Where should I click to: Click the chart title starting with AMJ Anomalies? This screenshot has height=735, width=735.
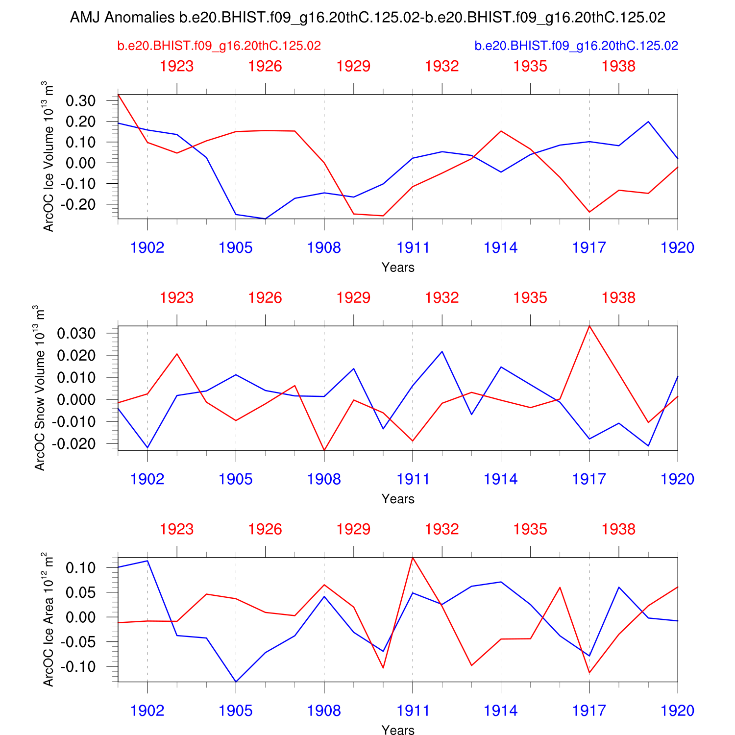point(367,18)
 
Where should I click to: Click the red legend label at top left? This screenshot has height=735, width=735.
point(219,46)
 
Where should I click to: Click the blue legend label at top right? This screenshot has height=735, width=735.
point(576,46)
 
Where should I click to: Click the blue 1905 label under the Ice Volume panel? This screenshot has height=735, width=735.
point(236,248)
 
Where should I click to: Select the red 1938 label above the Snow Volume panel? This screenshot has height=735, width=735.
point(618,298)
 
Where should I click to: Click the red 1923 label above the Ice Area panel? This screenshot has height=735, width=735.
point(177,530)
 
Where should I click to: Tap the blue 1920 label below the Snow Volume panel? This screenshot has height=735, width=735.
point(677,479)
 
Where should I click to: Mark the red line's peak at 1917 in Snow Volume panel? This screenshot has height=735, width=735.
point(589,326)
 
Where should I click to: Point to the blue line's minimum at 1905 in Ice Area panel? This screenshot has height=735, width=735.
point(236,682)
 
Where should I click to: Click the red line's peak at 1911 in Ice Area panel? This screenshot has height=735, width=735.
point(413,558)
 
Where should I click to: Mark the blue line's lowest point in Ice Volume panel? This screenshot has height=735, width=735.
point(265,219)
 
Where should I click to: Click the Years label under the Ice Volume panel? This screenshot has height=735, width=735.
point(398,268)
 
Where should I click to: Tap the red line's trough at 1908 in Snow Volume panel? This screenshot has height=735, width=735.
point(324,450)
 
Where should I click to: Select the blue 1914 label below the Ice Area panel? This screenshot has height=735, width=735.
point(501,711)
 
